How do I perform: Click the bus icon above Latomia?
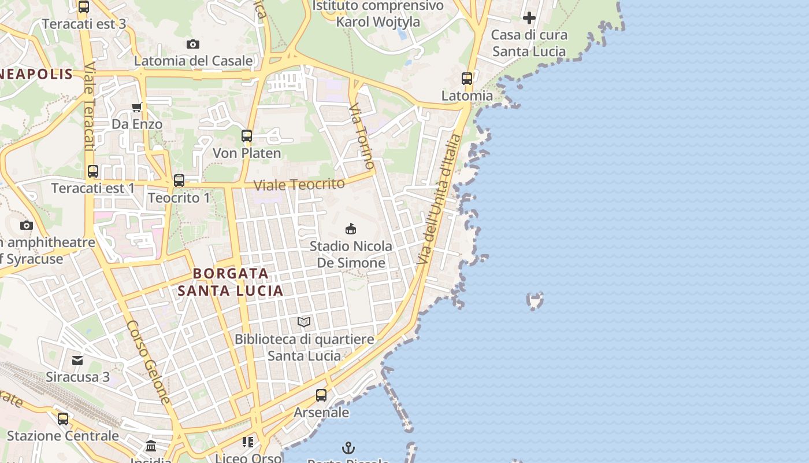(467, 79)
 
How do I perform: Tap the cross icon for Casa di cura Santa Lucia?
(529, 18)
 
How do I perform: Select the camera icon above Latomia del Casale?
(193, 44)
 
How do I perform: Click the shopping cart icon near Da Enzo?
(137, 107)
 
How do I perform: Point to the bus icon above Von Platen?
(247, 137)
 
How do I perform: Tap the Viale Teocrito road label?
(299, 185)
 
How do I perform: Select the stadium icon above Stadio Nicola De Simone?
(350, 229)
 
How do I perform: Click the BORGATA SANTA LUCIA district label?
(231, 282)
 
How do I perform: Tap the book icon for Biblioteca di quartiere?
(304, 322)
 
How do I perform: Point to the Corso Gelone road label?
(149, 362)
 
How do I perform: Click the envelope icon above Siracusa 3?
(77, 361)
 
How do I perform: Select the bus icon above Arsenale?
(321, 395)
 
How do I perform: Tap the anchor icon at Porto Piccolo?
(348, 447)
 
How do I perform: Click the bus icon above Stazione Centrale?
(63, 418)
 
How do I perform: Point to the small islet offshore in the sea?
(536, 300)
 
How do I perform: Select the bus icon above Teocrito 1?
(179, 181)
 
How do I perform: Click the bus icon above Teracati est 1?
(93, 171)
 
